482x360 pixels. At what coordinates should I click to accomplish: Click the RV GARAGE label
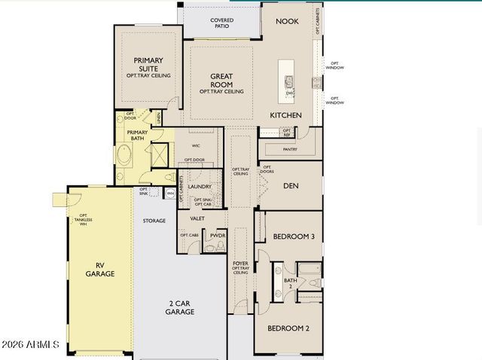point(99,269)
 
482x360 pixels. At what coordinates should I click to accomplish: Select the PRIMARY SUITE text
point(148,63)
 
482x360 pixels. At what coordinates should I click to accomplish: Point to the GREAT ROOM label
point(221,79)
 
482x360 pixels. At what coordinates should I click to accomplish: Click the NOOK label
point(287,22)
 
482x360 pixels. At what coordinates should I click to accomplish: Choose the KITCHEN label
point(286,115)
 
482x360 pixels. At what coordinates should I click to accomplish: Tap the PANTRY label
point(289,149)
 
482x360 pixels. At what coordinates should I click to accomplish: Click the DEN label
point(291,185)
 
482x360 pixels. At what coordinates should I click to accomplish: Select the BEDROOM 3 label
point(293,236)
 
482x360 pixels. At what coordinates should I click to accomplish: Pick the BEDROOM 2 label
point(288,328)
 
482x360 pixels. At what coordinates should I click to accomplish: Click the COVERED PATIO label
point(221,23)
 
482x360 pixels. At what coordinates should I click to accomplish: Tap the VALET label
point(197,218)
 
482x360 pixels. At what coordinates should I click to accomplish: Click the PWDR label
point(218,236)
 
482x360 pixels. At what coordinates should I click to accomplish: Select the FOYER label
point(240,264)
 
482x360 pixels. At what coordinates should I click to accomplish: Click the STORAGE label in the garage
point(154,221)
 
